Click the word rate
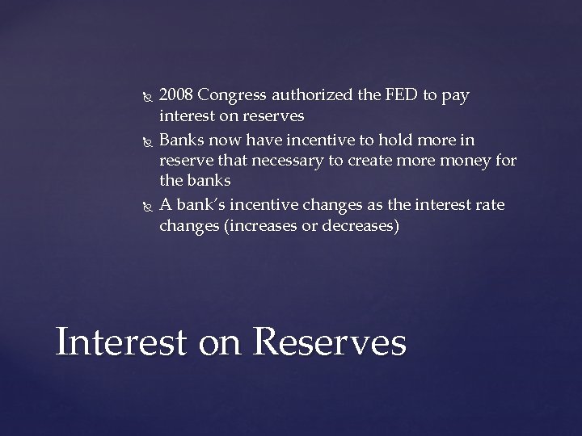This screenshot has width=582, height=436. [489, 205]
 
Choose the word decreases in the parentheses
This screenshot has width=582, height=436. [358, 227]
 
